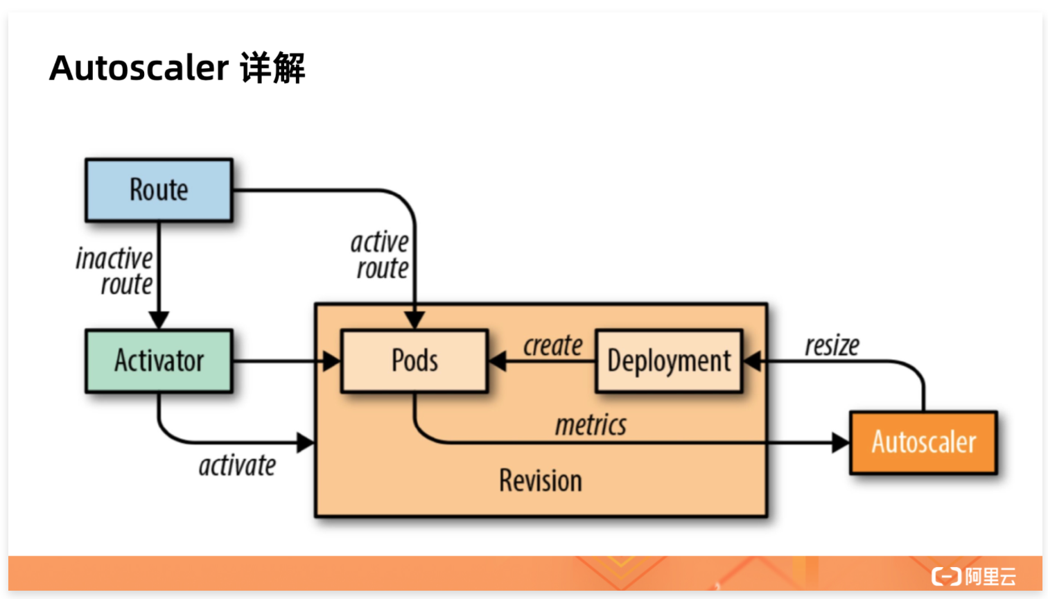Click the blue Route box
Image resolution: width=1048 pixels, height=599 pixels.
[159, 190]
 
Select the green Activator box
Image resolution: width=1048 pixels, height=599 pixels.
[159, 361]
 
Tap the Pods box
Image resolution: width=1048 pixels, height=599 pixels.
[414, 361]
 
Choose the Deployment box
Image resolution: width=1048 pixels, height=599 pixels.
[669, 361]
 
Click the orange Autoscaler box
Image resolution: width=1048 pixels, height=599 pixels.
[923, 442]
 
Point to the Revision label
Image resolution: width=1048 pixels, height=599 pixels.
[541, 481]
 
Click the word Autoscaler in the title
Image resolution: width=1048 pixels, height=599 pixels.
[139, 68]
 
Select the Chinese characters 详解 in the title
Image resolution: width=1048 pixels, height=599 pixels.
[272, 68]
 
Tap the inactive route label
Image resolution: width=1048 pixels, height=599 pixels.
[114, 271]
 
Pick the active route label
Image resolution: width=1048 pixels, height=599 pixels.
[380, 255]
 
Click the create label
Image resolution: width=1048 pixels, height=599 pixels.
[552, 345]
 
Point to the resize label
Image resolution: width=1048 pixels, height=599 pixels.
[832, 345]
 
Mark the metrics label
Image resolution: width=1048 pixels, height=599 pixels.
[591, 425]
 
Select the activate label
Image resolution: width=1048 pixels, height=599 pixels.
[237, 466]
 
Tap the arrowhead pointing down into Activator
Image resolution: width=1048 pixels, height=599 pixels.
[159, 320]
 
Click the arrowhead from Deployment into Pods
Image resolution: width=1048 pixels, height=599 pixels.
[497, 361]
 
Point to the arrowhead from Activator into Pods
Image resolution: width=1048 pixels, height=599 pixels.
[333, 361]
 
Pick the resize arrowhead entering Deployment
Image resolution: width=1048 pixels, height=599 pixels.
[752, 361]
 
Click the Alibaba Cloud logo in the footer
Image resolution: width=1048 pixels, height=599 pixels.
[974, 576]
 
